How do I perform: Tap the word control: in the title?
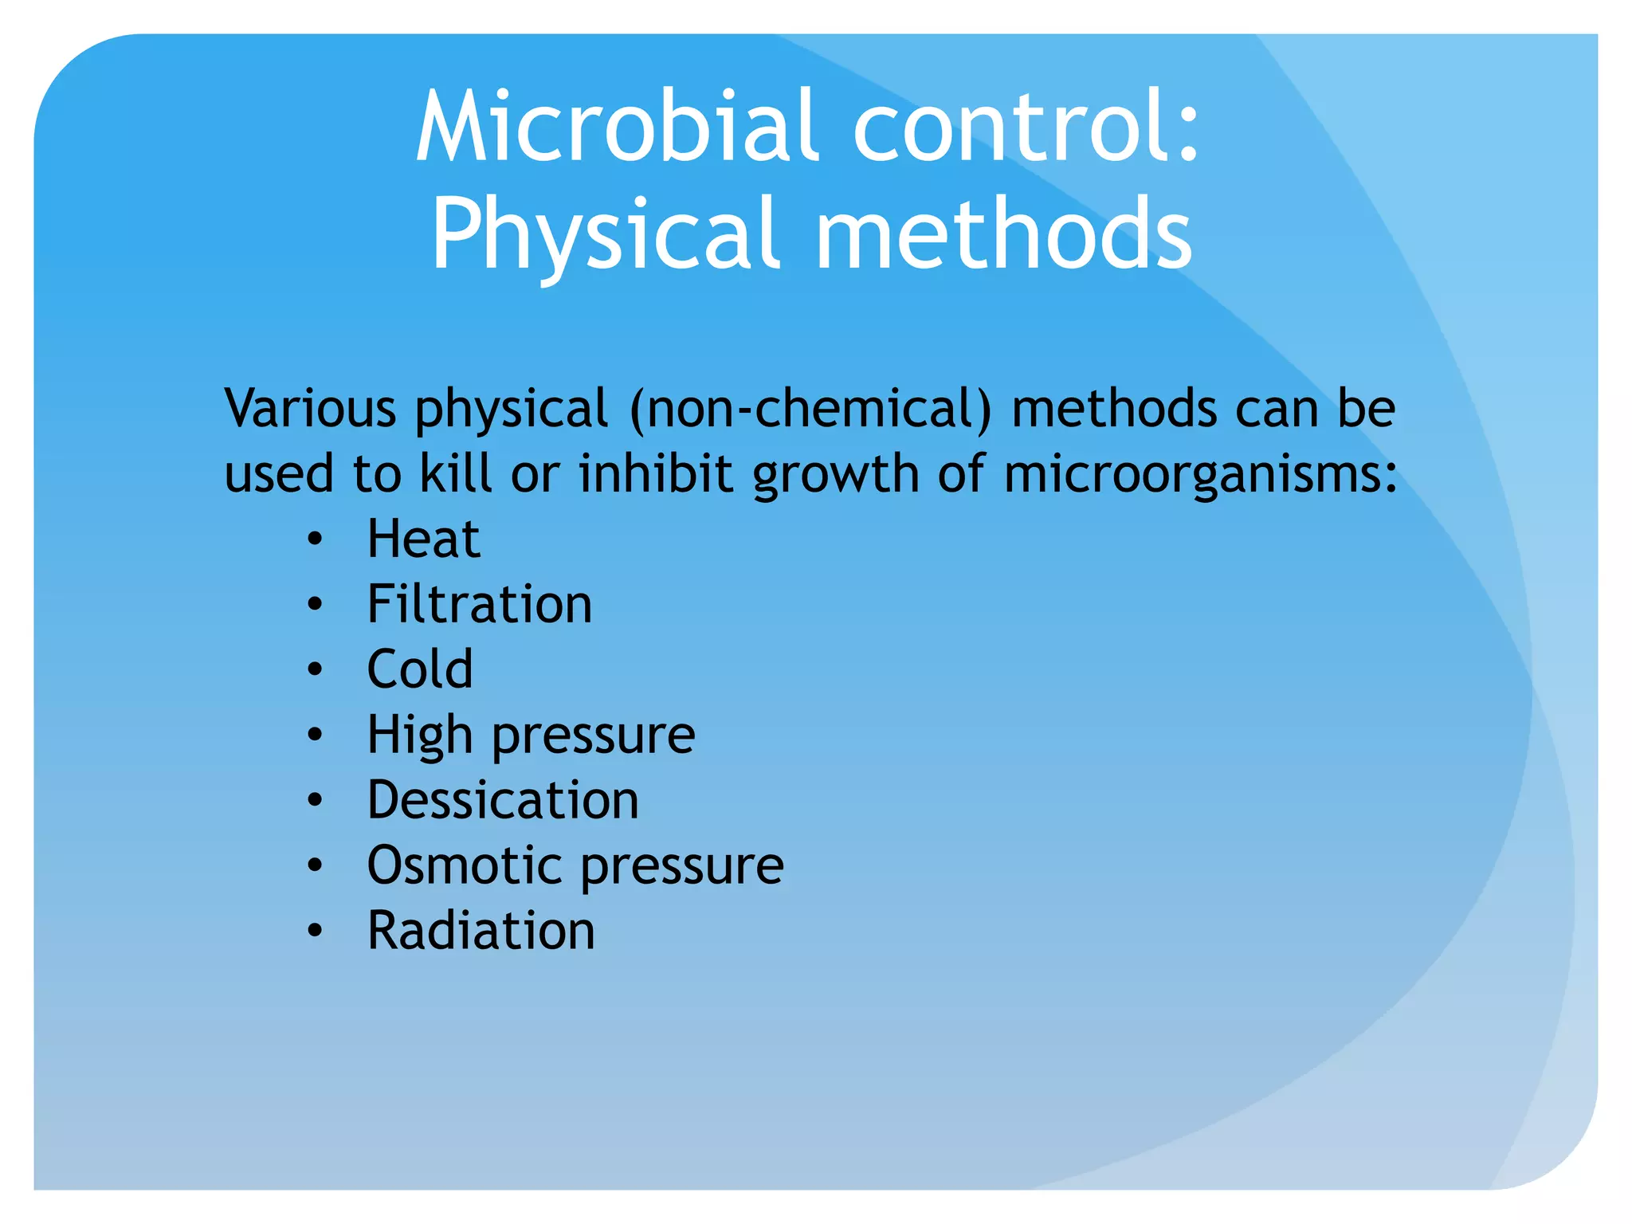coord(1026,127)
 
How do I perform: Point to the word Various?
coord(310,408)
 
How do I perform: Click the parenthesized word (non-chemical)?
coord(810,408)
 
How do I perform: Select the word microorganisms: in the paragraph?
coord(1199,474)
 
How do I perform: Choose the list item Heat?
coord(423,539)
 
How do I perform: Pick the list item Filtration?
coord(479,604)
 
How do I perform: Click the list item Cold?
coord(420,669)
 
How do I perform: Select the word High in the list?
coord(420,735)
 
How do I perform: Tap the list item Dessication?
coord(503,800)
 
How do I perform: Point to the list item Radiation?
coord(481,931)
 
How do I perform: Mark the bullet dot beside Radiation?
coord(316,931)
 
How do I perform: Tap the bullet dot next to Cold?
coord(316,670)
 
